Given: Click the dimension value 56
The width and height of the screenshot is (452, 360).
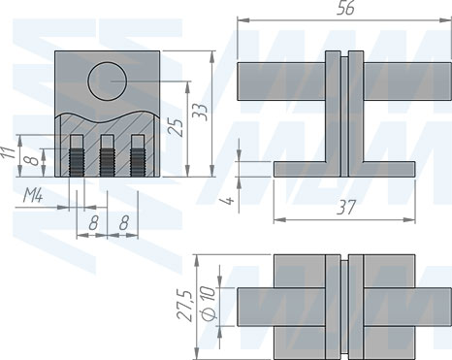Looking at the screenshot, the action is tap(345, 9).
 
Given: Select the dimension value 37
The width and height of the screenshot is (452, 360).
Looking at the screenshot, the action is tap(345, 207).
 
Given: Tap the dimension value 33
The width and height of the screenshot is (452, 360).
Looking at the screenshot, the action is tap(201, 113).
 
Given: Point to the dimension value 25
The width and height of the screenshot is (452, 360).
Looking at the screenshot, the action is tap(177, 127).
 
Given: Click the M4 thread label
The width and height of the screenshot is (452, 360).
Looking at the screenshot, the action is tap(33, 196).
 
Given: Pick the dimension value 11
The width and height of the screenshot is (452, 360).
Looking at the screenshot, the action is tap(8, 152).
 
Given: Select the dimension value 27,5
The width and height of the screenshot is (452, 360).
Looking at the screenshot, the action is tap(186, 306).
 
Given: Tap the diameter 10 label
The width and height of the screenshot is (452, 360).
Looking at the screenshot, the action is tap(209, 303).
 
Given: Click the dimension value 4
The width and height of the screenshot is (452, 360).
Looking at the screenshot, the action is tap(228, 201).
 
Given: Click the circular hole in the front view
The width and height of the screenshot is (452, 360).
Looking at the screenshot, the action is tap(108, 81).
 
